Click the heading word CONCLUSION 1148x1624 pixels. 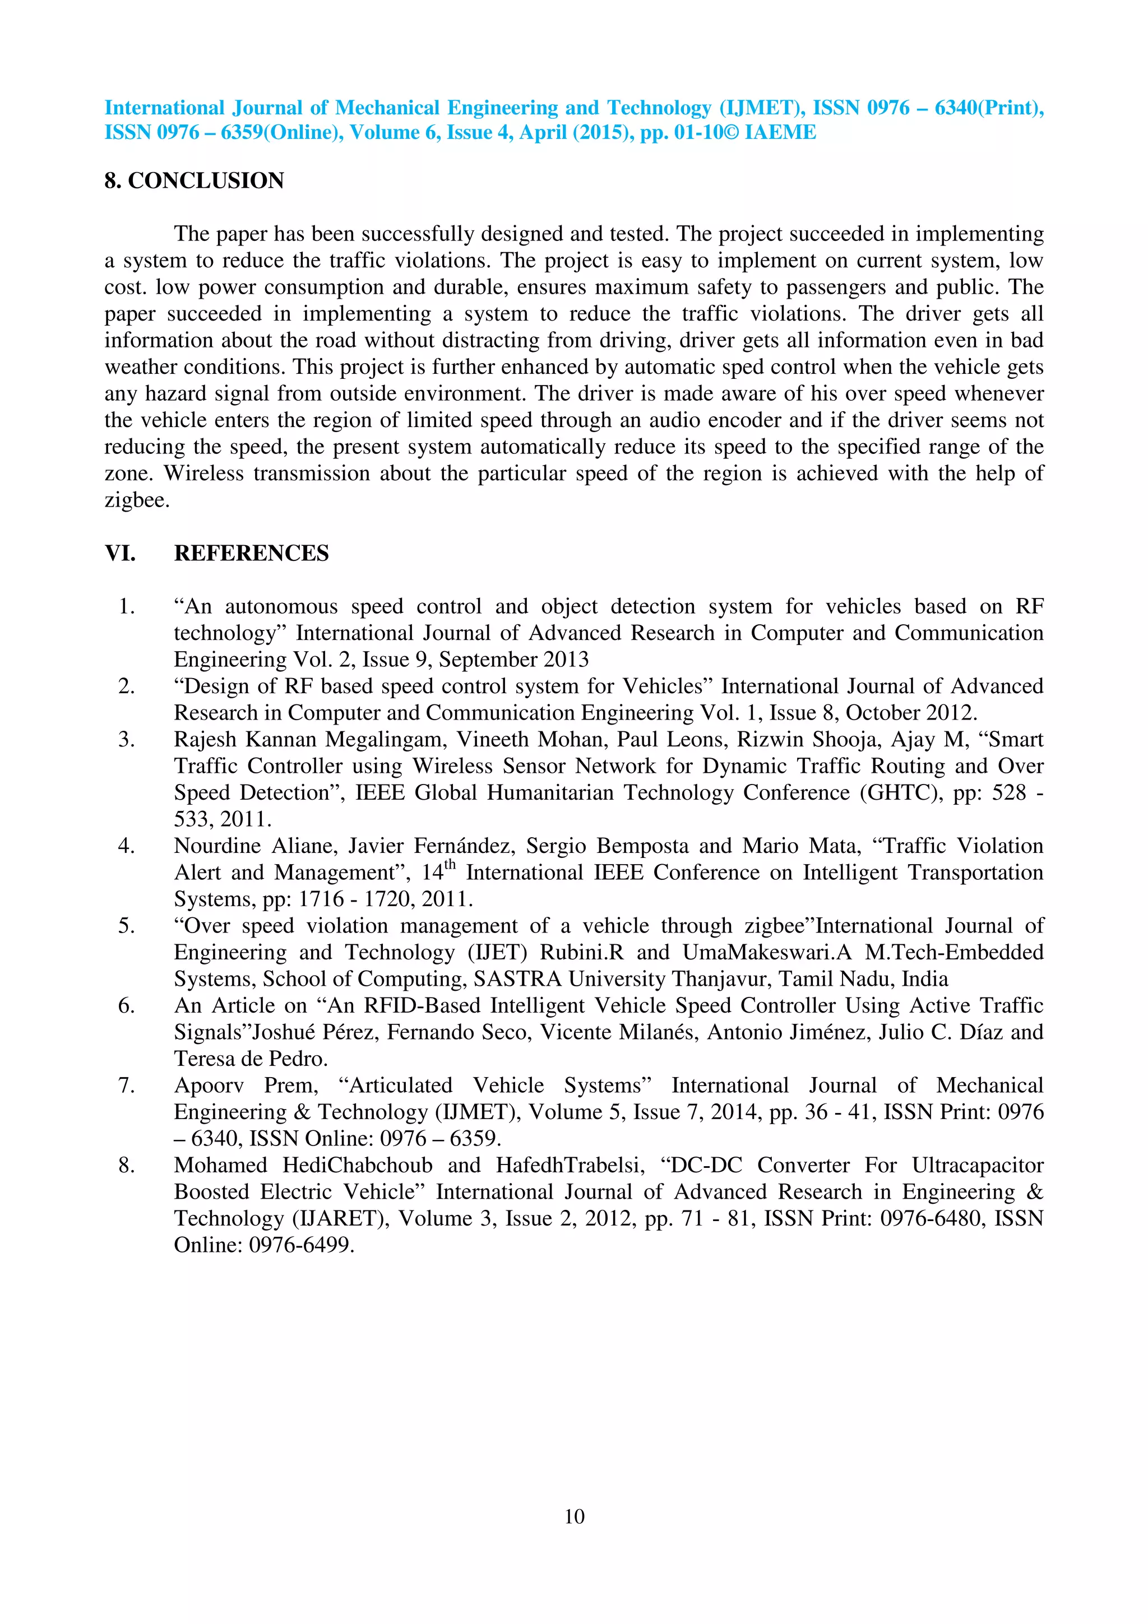[x=206, y=181]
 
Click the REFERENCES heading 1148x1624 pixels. [x=251, y=553]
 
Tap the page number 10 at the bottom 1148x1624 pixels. [x=573, y=1516]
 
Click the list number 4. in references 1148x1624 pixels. [x=127, y=846]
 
